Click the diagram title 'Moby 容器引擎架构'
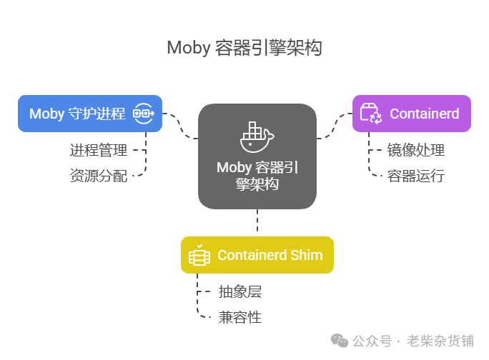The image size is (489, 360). coord(244,48)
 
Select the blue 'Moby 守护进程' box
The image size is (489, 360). coord(90,114)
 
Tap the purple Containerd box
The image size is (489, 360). coord(412,114)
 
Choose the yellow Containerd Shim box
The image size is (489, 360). coord(257,255)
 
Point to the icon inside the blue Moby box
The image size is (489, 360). coord(144,114)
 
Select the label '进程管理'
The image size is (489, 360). coord(99,150)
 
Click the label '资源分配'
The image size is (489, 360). coord(99,175)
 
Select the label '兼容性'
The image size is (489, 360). coord(240,317)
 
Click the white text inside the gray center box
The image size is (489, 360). coord(257,176)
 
